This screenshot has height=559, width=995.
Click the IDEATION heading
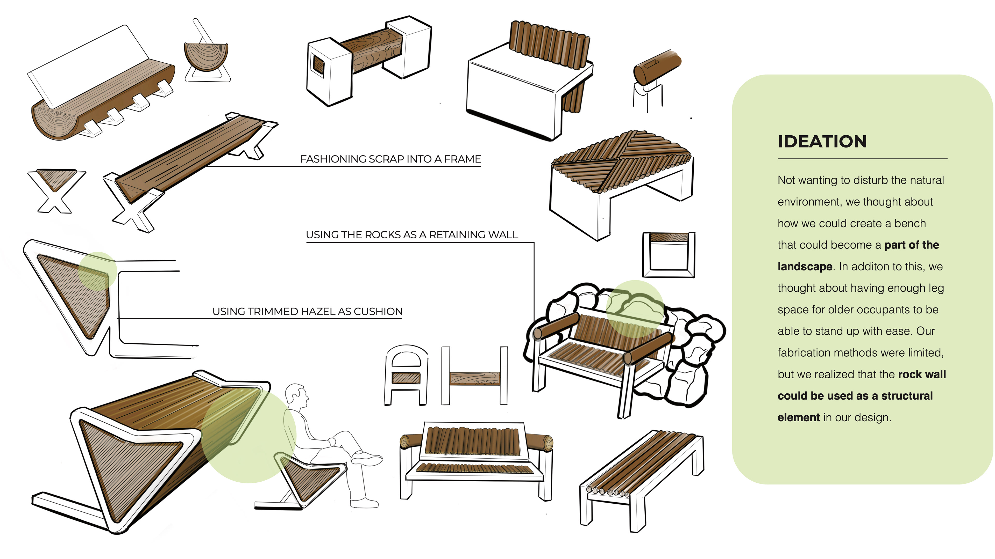822,142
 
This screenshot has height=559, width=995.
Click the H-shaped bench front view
475,376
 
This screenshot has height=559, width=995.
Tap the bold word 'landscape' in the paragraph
805,267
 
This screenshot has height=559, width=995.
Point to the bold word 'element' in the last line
798,417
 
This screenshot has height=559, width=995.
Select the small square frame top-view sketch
669,255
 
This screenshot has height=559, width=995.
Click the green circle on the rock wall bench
635,309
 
